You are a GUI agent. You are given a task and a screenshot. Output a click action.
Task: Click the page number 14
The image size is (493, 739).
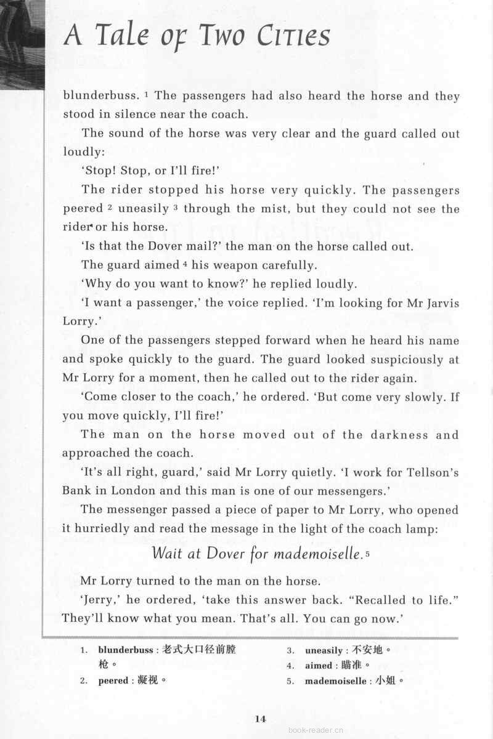click(x=259, y=717)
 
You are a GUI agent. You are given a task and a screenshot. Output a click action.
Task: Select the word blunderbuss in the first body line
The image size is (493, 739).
click(x=100, y=96)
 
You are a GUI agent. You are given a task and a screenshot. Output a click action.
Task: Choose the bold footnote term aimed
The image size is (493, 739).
click(x=319, y=666)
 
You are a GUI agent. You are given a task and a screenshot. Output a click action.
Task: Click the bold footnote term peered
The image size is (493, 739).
click(x=113, y=681)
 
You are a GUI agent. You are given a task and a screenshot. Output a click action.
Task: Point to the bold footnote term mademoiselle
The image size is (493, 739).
click(x=337, y=681)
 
